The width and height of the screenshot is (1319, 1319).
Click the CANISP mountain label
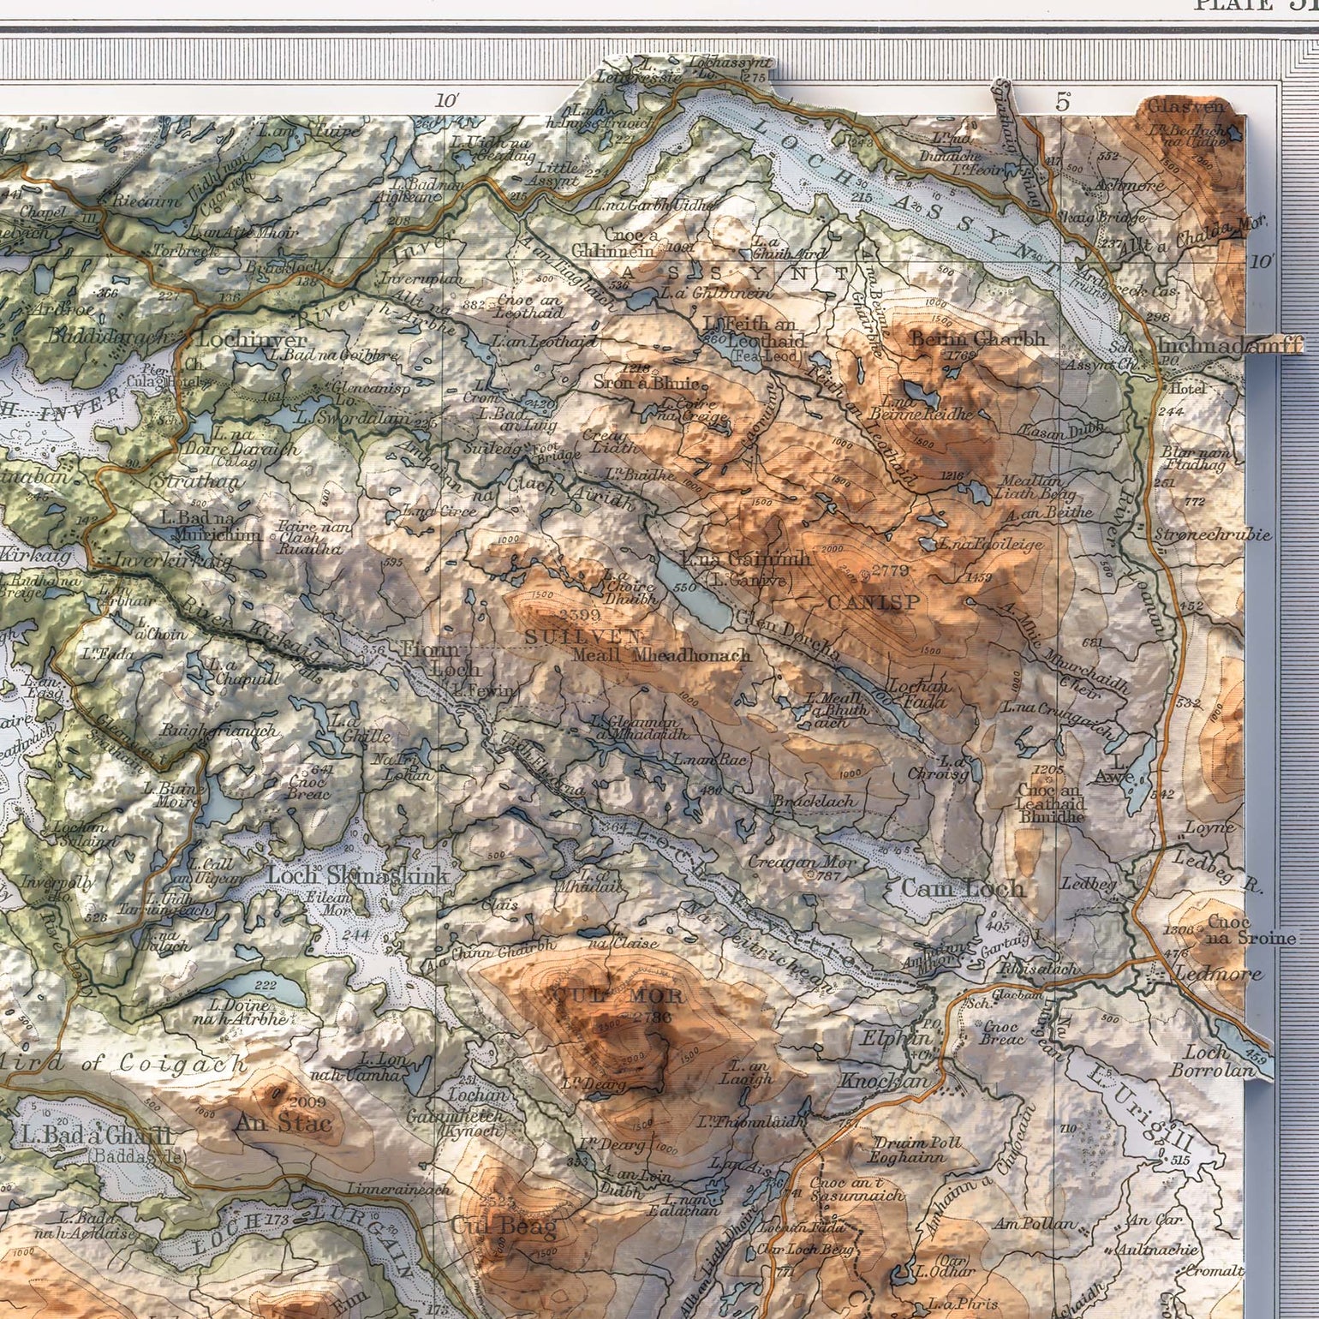coord(874,603)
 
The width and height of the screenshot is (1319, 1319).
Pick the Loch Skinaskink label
coord(358,876)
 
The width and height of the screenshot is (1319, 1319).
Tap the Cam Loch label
coord(963,888)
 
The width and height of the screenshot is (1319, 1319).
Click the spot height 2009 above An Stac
coord(308,1101)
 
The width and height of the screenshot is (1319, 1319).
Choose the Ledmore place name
coord(1219,974)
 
